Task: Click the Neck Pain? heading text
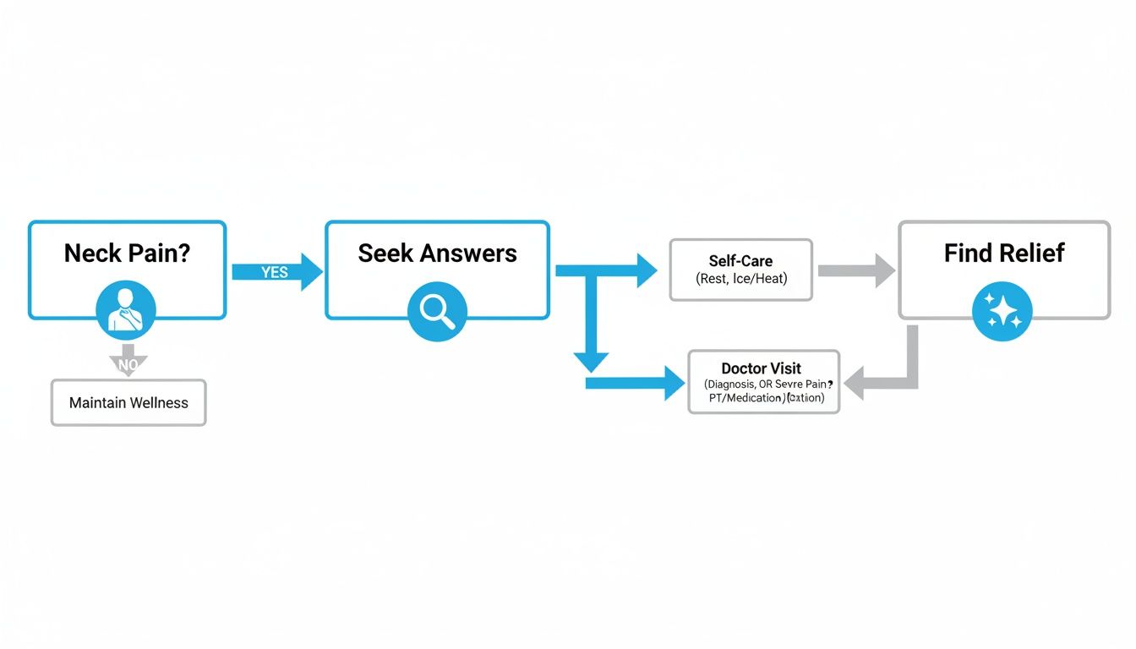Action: click(127, 253)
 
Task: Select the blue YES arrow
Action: click(278, 271)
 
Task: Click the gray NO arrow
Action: click(128, 360)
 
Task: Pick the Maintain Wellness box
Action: click(128, 403)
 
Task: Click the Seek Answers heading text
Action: click(437, 253)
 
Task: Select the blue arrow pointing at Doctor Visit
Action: click(642, 384)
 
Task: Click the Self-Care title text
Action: click(740, 261)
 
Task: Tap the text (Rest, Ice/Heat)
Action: click(741, 279)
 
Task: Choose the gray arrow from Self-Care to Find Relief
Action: click(856, 270)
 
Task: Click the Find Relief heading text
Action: click(1004, 253)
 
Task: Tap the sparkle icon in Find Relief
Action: click(1002, 311)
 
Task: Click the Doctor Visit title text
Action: click(762, 368)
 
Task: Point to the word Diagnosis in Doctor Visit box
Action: click(731, 384)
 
